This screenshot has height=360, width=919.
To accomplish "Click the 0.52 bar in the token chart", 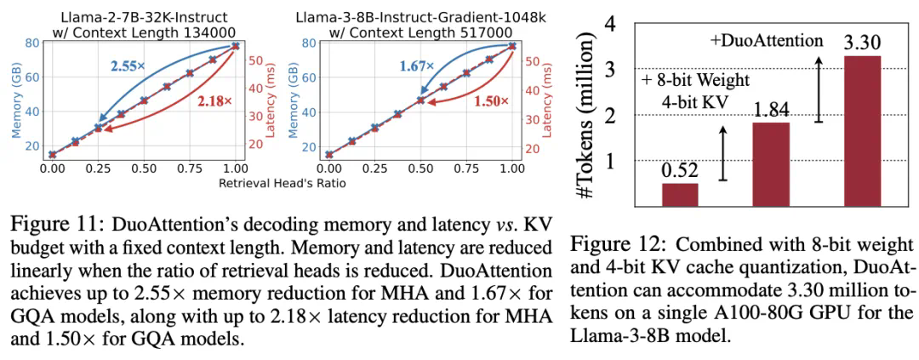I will tap(680, 194).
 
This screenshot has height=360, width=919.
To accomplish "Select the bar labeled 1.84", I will tap(772, 163).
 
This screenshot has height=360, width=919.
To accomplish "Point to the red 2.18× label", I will tap(215, 101).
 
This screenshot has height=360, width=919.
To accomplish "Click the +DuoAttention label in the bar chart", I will tap(767, 40).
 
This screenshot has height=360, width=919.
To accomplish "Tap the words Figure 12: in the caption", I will tap(610, 245).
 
